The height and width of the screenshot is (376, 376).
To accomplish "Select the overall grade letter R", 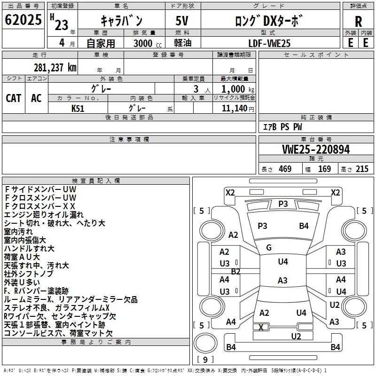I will point(358,22).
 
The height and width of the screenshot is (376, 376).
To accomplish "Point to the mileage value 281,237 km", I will point(55,68).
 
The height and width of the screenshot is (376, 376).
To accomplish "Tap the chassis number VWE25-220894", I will point(316,149).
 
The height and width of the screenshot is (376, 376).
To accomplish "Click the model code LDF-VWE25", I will point(269,43).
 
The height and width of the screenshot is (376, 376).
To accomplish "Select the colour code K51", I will point(78,108).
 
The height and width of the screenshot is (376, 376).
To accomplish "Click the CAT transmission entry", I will point(14,98).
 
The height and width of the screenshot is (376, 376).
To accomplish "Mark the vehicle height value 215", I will point(362,169).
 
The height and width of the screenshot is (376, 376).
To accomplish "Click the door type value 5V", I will point(181,21).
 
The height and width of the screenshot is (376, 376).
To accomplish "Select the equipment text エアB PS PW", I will point(282,127).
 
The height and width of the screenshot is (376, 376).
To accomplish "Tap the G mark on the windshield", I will point(269,248).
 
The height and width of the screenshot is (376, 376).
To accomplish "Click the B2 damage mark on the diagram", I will point(235,271).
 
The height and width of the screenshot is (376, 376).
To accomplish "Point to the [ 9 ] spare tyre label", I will point(204,360).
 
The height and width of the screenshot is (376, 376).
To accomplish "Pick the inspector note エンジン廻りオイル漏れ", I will point(38,215).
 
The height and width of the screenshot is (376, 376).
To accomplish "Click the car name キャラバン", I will point(122,21).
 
